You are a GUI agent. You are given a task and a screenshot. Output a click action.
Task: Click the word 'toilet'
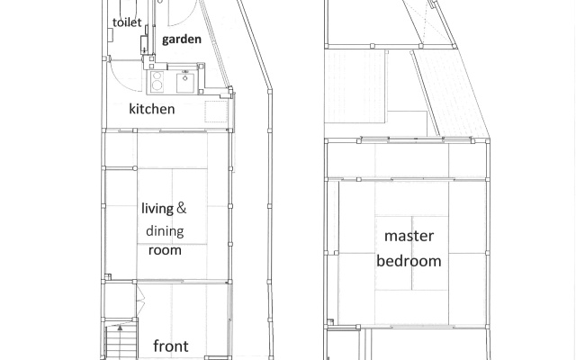[127, 22]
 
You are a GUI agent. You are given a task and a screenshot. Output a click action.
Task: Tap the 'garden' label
[182, 40]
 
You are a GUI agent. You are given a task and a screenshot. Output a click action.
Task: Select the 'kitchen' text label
[152, 109]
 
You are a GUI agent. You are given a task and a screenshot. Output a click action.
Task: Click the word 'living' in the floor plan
[157, 209]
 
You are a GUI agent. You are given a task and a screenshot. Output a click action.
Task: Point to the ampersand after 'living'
[182, 208]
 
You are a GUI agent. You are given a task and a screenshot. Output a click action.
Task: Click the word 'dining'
[165, 231]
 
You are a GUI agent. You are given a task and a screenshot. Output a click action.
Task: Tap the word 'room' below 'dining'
[165, 250]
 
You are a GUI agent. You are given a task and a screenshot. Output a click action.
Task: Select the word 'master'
[409, 236]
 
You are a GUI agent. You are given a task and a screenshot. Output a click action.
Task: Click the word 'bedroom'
[409, 261]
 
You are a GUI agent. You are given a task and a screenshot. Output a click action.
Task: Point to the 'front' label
[171, 346]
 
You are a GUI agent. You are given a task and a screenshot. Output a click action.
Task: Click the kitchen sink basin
[185, 83]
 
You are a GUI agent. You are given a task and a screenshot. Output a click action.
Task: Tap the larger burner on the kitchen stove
[157, 85]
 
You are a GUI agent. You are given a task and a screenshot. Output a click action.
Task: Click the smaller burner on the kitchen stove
[157, 76]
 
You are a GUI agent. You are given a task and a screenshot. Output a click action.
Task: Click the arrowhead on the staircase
[120, 328]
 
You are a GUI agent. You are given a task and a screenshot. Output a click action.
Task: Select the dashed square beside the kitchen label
[216, 112]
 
